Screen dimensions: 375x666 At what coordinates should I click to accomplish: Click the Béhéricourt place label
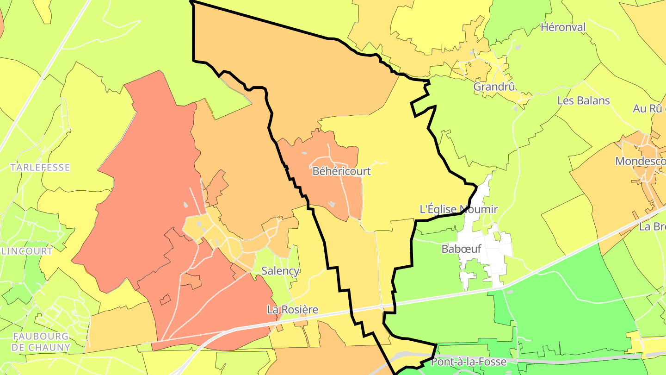[x=342, y=171]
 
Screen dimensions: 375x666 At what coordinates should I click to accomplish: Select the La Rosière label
[x=293, y=309]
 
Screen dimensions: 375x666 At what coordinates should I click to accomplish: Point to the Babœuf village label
[x=462, y=249]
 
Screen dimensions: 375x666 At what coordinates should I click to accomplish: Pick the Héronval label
[x=563, y=27]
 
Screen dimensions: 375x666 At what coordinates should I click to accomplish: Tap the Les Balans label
[x=584, y=100]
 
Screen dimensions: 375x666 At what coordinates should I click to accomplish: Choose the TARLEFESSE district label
[x=40, y=167]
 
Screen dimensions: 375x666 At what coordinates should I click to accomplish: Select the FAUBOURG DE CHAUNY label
[x=42, y=342]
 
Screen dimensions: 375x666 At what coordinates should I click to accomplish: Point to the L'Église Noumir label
[x=458, y=209]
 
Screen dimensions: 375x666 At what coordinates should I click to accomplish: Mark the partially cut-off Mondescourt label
[x=641, y=161]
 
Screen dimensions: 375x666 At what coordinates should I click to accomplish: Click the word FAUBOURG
[x=41, y=336]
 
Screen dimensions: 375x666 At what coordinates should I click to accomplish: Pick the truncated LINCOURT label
[x=27, y=251]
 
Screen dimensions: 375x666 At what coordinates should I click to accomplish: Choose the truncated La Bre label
[x=652, y=227]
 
